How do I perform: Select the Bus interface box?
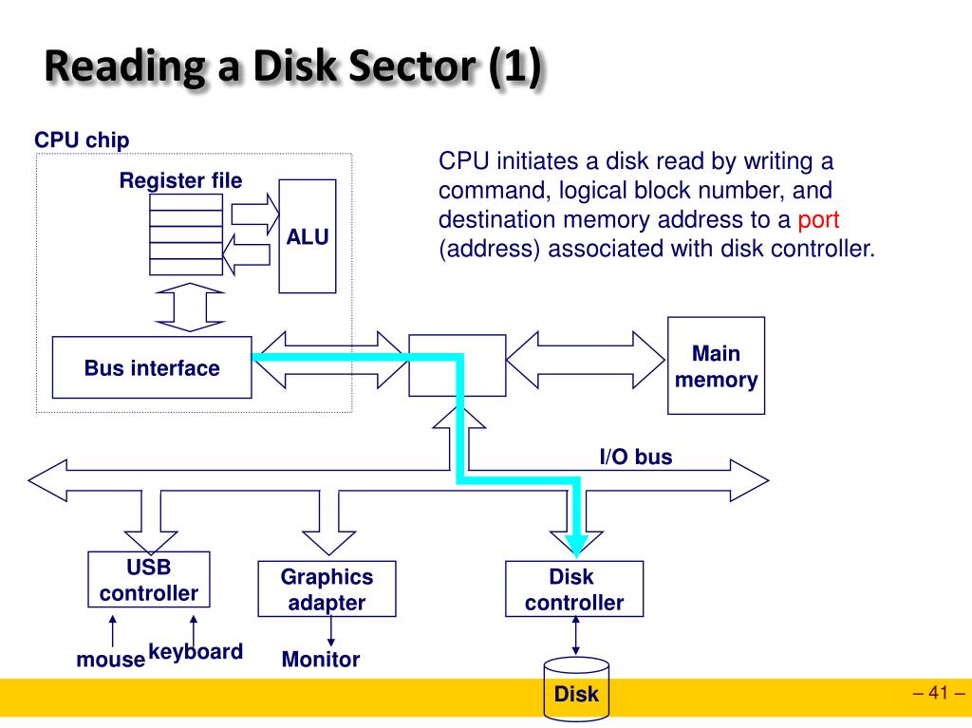point(152,367)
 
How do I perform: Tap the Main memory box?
point(716,365)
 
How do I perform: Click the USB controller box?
point(149,579)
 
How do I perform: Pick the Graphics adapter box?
point(327,588)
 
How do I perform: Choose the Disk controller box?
point(574,588)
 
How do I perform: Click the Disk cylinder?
point(576,689)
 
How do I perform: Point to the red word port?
point(818,220)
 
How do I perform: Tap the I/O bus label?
point(636,457)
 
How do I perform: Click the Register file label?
point(180,180)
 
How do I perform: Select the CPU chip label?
point(82,140)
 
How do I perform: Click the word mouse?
point(110,659)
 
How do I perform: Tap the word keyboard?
point(196,652)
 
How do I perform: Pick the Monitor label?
point(321,659)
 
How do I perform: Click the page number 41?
point(939,692)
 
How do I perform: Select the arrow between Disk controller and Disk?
point(576,636)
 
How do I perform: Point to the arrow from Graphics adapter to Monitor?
point(330,631)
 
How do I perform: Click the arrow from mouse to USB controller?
point(112,631)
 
